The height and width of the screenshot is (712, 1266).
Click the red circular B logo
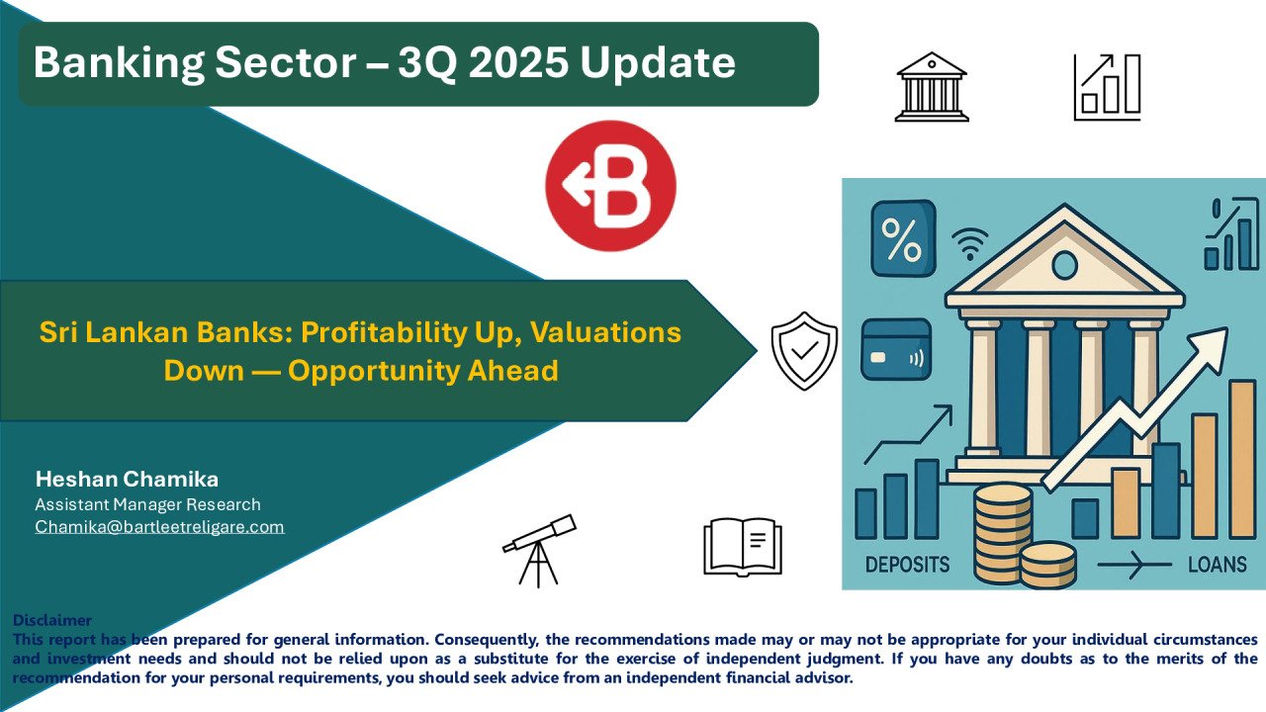coord(610,185)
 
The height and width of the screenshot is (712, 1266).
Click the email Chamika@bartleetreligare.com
coord(159,527)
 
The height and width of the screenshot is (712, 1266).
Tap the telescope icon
coord(538,547)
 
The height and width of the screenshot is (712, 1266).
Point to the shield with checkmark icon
coord(804,350)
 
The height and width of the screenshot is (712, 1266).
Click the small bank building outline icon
coord(932,87)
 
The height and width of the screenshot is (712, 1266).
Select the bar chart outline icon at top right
coord(1107,87)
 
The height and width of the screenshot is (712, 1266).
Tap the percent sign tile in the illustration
coord(902,238)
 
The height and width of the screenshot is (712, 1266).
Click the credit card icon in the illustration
coord(895,349)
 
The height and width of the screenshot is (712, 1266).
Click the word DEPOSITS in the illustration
coord(907,565)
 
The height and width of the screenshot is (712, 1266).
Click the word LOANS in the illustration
coord(1217,565)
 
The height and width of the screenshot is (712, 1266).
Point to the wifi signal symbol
coord(969,242)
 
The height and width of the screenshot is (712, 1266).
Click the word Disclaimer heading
coord(52,620)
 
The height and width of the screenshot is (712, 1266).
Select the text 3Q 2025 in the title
coord(481,63)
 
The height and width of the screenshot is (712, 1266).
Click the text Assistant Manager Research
coord(147,504)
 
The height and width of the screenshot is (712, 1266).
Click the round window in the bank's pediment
coord(1064,265)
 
